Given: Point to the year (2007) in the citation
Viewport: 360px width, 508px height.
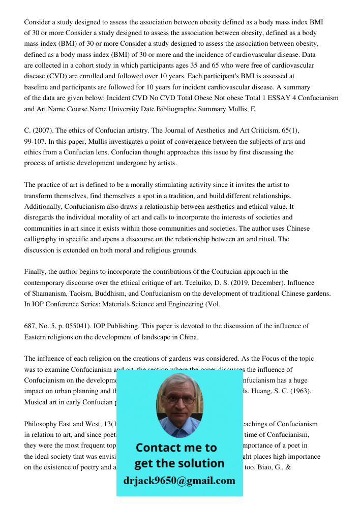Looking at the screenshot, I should pyautogui.click(x=44, y=131).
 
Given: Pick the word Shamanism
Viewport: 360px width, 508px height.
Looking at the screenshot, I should pyautogui.click(x=50, y=294).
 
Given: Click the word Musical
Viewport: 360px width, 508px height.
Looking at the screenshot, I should pyautogui.click(x=37, y=402).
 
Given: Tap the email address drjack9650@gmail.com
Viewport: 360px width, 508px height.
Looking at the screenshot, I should pyautogui.click(x=179, y=481).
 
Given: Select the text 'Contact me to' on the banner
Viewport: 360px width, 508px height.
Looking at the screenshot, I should pyautogui.click(x=176, y=448).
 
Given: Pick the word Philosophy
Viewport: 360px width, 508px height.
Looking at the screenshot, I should pyautogui.click(x=41, y=424).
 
